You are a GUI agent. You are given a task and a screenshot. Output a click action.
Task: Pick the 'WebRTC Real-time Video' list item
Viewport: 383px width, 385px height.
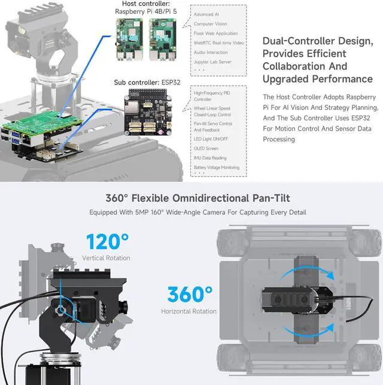tap(219, 43)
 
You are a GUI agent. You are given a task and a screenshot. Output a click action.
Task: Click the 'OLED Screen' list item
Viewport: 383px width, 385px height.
tap(206, 148)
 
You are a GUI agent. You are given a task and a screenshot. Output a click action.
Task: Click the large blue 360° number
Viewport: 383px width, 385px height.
tap(190, 295)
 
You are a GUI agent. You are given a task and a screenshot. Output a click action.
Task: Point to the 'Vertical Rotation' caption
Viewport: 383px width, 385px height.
tap(105, 258)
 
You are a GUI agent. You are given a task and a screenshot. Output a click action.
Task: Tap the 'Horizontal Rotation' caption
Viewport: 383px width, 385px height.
tap(189, 311)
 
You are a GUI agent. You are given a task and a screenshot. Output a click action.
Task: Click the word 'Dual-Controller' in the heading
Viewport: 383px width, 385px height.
tap(295, 41)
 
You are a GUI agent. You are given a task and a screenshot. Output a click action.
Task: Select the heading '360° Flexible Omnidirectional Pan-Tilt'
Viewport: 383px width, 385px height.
tap(197, 198)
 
